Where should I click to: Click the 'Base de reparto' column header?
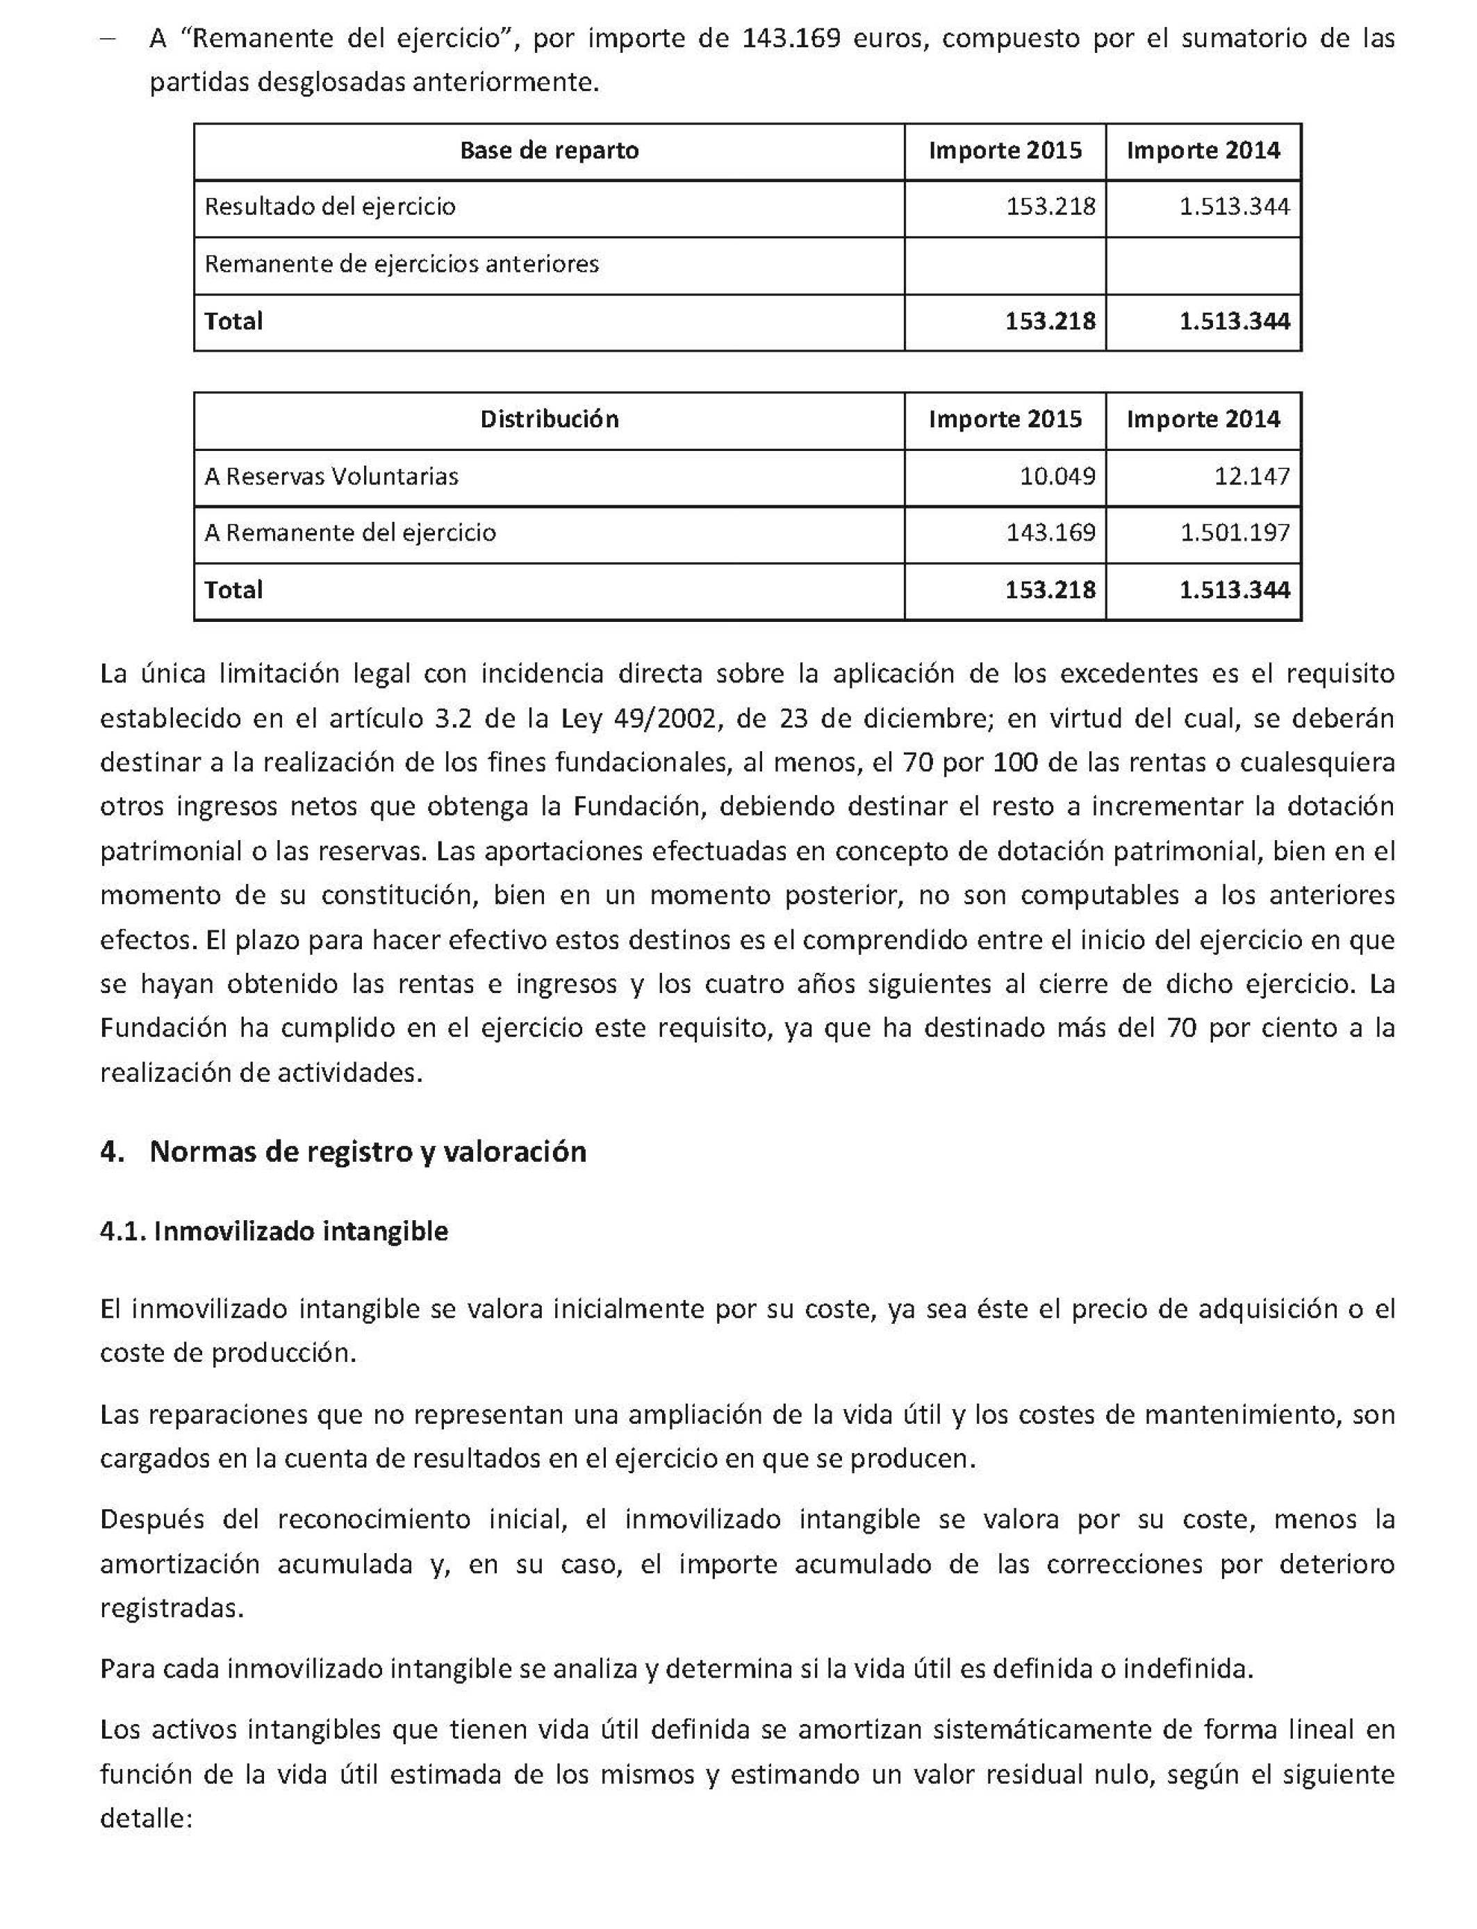click(549, 150)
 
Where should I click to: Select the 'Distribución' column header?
click(549, 420)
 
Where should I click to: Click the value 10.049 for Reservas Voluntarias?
click(1057, 477)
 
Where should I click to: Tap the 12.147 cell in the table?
click(1251, 477)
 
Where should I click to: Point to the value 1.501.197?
click(1235, 533)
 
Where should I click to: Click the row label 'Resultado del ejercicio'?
click(330, 206)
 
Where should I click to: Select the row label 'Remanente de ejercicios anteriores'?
click(401, 264)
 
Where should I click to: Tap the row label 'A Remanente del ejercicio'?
click(350, 533)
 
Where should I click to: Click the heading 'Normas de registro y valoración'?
click(368, 1152)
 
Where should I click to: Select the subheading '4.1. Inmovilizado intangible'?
click(274, 1231)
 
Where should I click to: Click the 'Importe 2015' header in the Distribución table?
click(1004, 420)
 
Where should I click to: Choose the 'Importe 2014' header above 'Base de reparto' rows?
click(1203, 150)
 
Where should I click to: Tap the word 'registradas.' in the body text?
click(172, 1608)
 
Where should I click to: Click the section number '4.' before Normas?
click(112, 1152)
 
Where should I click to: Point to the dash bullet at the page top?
click(108, 40)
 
